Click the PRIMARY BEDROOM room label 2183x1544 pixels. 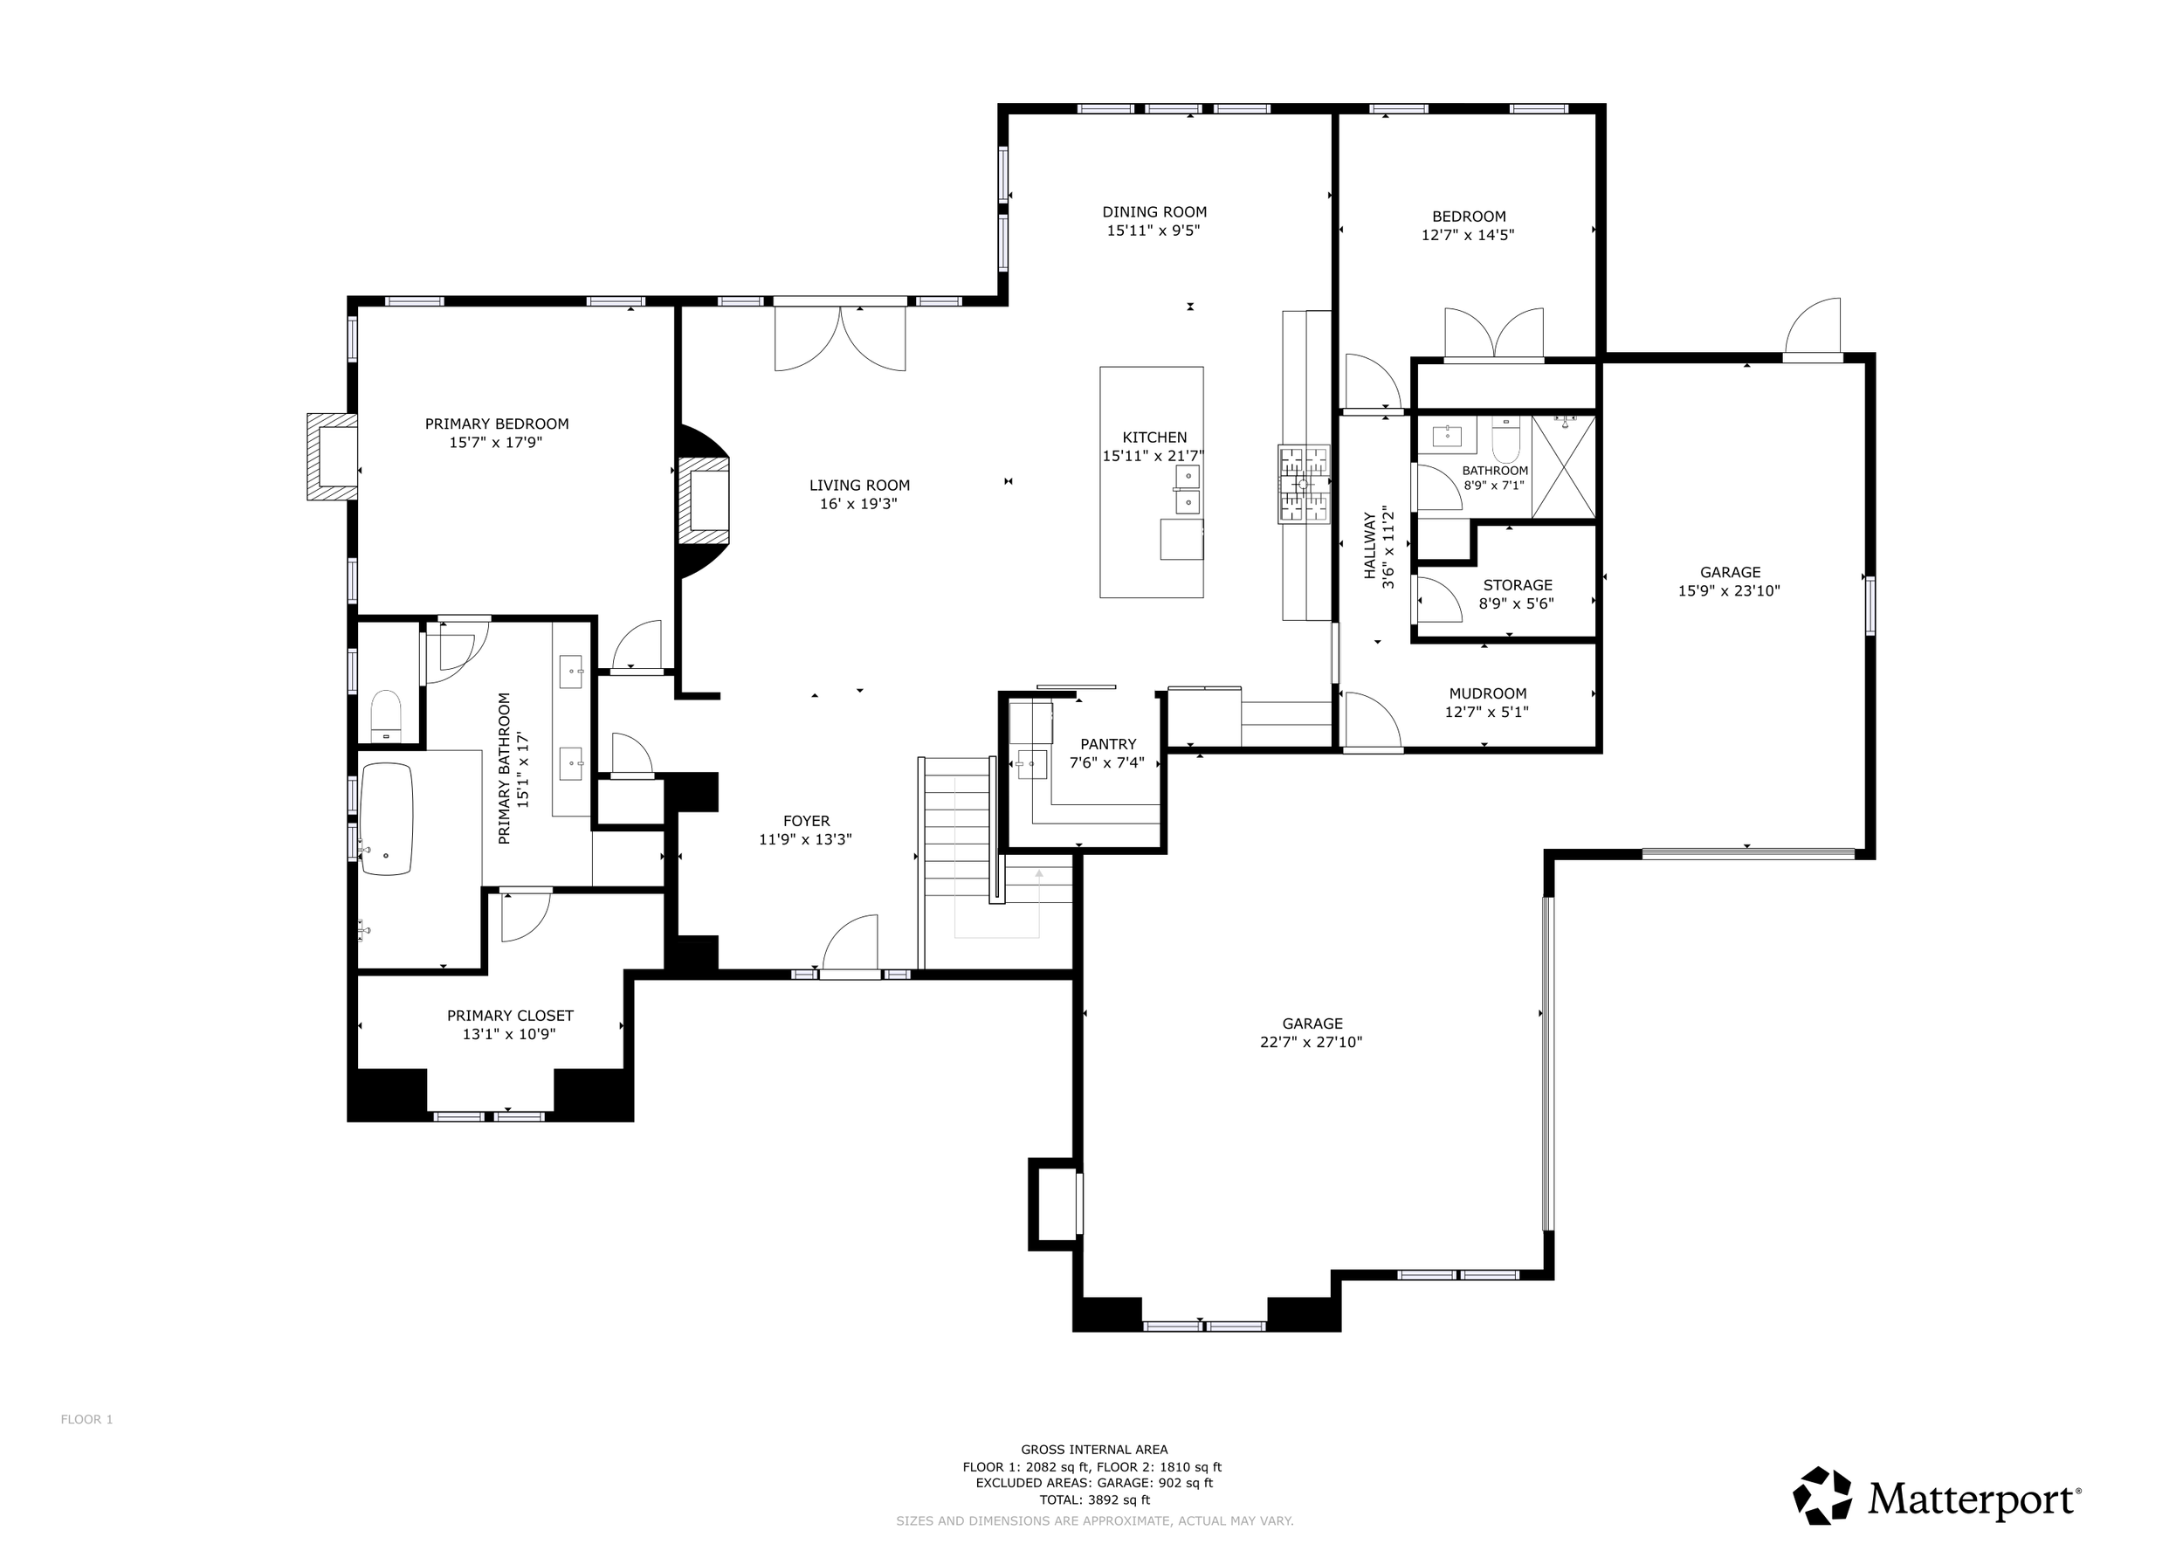pos(496,424)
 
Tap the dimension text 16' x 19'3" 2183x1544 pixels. pos(858,504)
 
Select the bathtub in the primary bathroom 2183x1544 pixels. pos(387,818)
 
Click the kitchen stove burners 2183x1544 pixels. pos(1304,484)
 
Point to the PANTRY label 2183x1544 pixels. pos(1108,744)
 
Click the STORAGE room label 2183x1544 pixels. pos(1518,586)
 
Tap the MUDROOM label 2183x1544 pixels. pos(1488,694)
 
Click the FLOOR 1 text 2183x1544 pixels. pos(86,1419)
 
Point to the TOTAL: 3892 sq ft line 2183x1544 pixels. pos(1094,1500)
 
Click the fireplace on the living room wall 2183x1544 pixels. pos(704,502)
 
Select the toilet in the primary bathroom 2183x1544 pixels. pos(386,715)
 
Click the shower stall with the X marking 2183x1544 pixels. pos(1563,467)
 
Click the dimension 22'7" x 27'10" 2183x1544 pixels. pos(1312,1042)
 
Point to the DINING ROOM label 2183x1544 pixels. pos(1154,212)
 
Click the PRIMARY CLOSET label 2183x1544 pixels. pos(510,1016)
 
